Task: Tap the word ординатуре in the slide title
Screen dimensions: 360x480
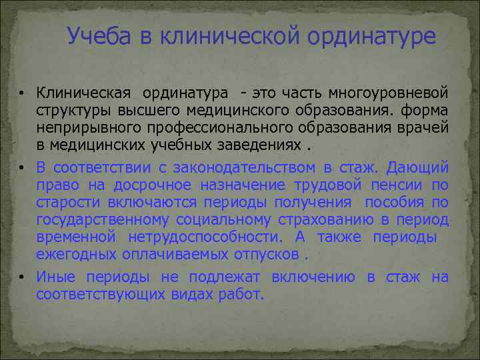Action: coord(371,37)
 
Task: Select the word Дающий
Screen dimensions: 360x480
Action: coord(418,167)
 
